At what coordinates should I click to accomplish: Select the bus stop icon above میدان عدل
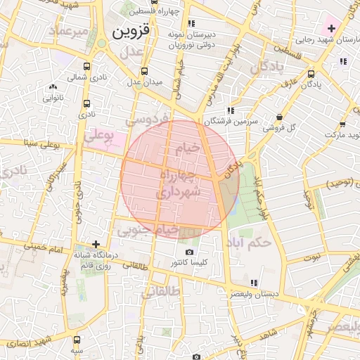[x=144, y=71]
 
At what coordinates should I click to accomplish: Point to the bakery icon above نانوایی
[x=53, y=86]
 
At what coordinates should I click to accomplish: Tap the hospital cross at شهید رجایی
[x=331, y=29]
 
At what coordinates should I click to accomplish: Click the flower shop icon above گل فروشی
[x=280, y=117]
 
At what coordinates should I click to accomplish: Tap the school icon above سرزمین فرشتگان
[x=231, y=111]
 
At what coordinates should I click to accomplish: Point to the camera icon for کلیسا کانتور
[x=188, y=252]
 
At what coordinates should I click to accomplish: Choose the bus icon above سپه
[x=77, y=338]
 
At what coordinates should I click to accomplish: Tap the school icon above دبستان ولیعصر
[x=254, y=283]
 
